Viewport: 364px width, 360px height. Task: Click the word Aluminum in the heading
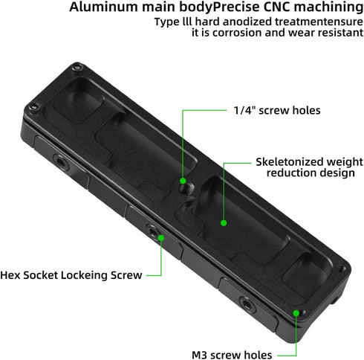104,7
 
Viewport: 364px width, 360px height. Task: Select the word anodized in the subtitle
247,22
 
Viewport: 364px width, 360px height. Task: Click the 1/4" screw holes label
277,110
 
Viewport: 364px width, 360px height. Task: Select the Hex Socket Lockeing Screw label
71,275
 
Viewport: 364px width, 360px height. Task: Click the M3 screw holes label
232,355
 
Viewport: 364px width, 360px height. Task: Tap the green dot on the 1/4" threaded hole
183,181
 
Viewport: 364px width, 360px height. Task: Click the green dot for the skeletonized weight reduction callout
224,223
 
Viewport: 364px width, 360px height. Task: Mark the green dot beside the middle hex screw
161,238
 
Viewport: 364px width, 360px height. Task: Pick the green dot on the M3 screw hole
296,313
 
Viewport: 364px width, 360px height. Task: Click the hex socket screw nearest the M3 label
247,304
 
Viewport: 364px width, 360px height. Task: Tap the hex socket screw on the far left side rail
59,162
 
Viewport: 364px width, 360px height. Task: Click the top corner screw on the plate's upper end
77,67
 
